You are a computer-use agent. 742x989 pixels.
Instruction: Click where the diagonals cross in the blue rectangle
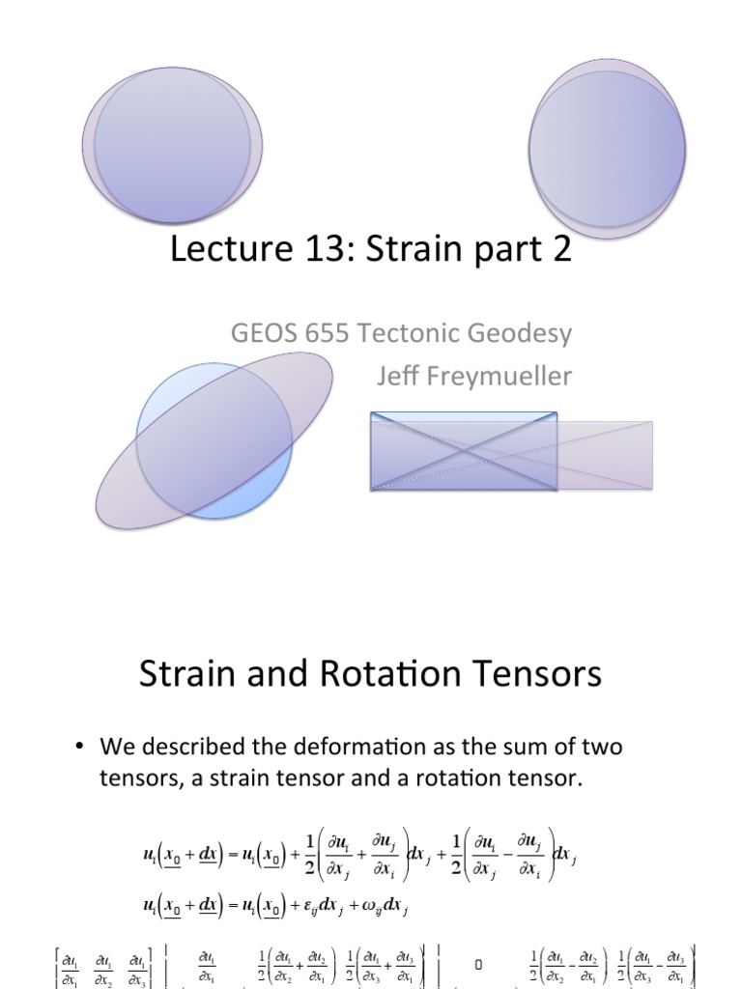pos(464,451)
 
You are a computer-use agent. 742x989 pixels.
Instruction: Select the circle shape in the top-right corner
pos(608,147)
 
